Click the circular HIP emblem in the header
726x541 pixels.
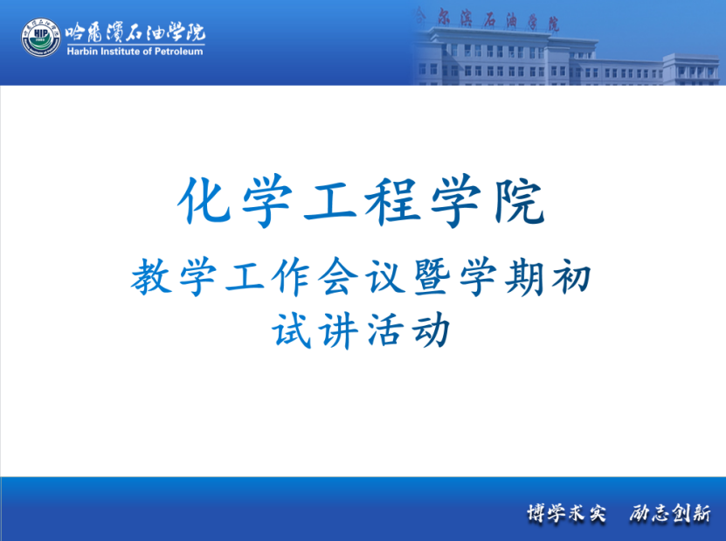pyautogui.click(x=41, y=38)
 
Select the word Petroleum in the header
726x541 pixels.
pyautogui.click(x=178, y=52)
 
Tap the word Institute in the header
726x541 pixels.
pyautogui.click(x=120, y=52)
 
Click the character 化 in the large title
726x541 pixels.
pyautogui.click(x=204, y=200)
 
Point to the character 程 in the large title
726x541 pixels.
pyautogui.click(x=392, y=201)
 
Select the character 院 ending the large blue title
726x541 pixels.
pyautogui.click(x=519, y=201)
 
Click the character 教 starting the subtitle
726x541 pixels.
pyautogui.click(x=151, y=276)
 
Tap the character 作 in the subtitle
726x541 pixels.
pyautogui.click(x=291, y=276)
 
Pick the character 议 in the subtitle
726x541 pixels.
pyautogui.click(x=385, y=276)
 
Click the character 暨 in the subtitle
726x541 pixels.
pyautogui.click(x=432, y=276)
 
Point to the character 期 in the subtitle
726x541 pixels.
pyautogui.click(x=524, y=276)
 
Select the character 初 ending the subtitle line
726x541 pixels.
pyautogui.click(x=571, y=276)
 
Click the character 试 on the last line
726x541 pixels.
pyautogui.click(x=291, y=330)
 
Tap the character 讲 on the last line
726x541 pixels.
pyautogui.click(x=338, y=330)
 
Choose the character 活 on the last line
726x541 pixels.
pyautogui.click(x=384, y=330)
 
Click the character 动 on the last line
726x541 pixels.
pyautogui.click(x=431, y=330)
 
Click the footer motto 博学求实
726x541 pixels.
pyautogui.click(x=567, y=513)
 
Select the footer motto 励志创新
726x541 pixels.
pyautogui.click(x=669, y=513)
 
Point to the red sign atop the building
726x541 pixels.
pyautogui.click(x=487, y=20)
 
